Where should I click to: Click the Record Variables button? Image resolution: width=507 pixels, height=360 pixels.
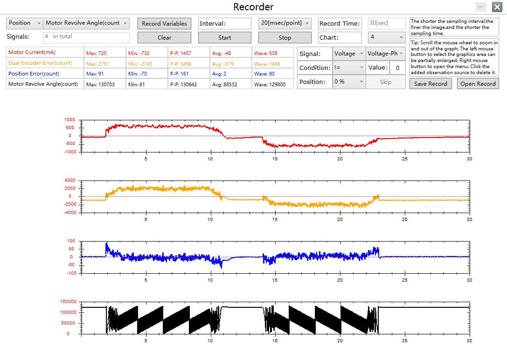[164, 24]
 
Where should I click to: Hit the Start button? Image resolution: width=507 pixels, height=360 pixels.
[224, 37]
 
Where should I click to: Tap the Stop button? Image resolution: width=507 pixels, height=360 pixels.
[285, 37]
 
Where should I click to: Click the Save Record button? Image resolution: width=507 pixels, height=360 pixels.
[431, 84]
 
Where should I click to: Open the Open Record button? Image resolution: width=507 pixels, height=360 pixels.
[478, 84]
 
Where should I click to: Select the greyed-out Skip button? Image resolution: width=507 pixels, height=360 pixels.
[385, 82]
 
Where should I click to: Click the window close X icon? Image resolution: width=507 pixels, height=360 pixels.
[497, 7]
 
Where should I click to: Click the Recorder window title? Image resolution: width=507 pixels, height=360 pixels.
[253, 7]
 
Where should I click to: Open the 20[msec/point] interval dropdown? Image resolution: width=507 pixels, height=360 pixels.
[285, 23]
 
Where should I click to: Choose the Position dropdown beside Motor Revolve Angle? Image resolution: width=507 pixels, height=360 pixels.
[25, 23]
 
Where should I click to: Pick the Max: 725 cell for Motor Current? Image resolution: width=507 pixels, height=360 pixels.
[104, 53]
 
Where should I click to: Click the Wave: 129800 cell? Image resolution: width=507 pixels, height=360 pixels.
[272, 84]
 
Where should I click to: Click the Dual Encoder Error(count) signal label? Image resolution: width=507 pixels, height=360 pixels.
[40, 63]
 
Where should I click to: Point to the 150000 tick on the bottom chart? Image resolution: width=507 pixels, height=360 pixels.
[68, 302]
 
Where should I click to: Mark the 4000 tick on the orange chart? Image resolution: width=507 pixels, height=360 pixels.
[70, 180]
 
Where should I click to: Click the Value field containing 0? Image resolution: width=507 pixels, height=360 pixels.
[397, 68]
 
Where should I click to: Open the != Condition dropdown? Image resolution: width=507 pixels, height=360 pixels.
[348, 68]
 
